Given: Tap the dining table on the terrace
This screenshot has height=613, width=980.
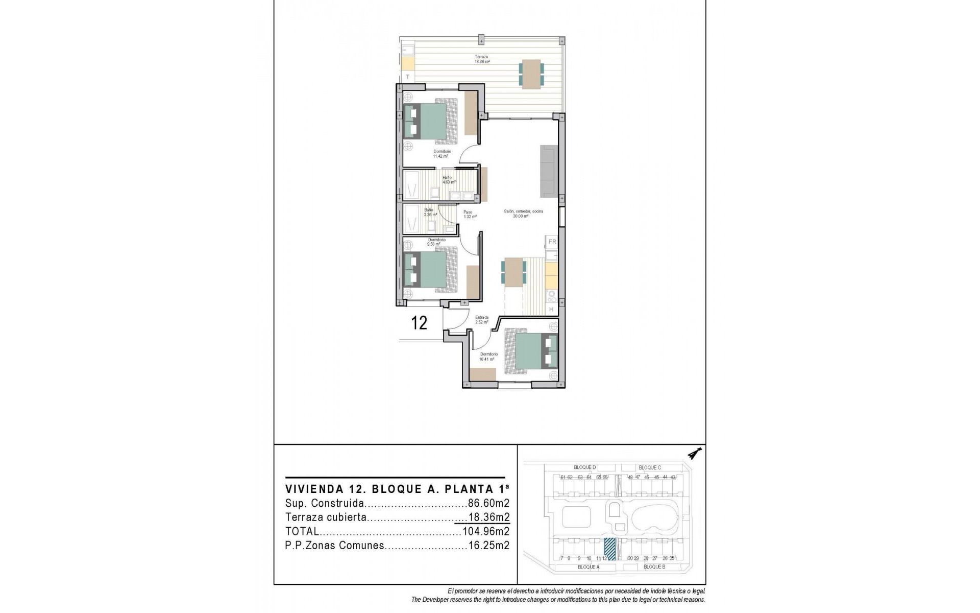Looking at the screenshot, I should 531,74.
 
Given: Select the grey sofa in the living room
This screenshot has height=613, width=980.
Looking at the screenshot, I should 549,171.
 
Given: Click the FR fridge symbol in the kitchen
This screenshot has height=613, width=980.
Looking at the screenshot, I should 552,242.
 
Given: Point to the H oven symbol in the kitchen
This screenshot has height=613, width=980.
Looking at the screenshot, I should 551,310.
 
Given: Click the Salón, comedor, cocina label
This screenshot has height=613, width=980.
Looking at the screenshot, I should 523,214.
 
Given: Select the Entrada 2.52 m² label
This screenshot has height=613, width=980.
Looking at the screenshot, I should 481,320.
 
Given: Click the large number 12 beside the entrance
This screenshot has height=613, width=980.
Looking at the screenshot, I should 419,323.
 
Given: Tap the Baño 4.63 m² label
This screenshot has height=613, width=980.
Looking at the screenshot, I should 448,180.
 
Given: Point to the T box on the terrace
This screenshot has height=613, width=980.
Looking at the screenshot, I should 407,77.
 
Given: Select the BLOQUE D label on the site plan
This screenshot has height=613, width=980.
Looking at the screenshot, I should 584,467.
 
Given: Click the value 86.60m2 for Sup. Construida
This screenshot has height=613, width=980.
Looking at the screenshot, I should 488,503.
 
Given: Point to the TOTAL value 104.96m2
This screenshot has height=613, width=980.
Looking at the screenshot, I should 485,531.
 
